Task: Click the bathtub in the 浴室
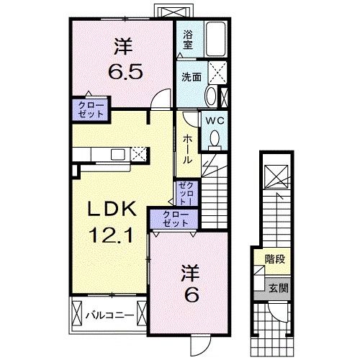pyautogui.click(x=215, y=38)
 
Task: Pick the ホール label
pyautogui.click(x=186, y=148)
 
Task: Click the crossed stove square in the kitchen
pyautogui.click(x=139, y=153)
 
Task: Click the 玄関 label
pyautogui.click(x=276, y=287)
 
